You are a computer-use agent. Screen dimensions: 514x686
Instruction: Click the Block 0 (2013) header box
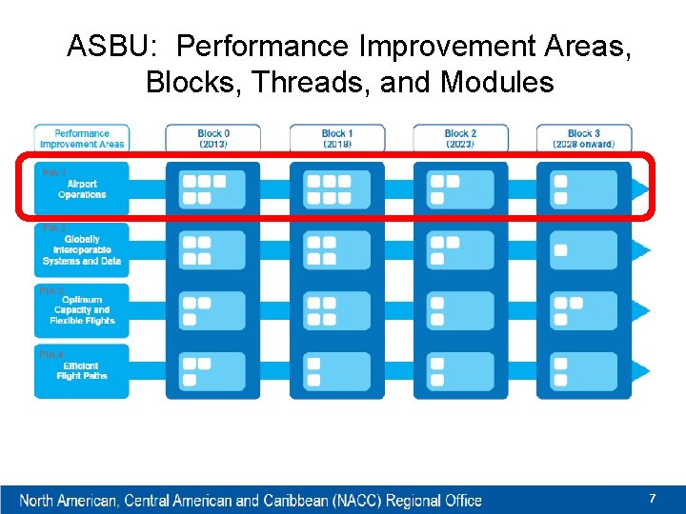click(213, 138)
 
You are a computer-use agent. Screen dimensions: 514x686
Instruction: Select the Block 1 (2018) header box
click(337, 138)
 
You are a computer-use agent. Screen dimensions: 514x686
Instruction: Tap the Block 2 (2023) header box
click(460, 138)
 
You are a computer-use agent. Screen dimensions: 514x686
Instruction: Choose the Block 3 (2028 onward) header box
click(583, 138)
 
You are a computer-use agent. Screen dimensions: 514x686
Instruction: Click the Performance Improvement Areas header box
click(82, 138)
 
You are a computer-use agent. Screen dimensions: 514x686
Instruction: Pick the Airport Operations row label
click(82, 188)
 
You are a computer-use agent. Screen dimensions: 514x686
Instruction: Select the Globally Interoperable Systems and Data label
click(82, 249)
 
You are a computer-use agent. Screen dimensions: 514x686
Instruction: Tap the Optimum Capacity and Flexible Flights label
click(82, 309)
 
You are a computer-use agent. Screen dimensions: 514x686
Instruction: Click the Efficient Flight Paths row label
click(82, 370)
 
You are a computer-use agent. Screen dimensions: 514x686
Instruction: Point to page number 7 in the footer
click(653, 499)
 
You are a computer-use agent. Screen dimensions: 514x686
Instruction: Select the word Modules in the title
click(496, 82)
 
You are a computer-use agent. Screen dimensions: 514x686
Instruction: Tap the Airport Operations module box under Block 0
click(212, 189)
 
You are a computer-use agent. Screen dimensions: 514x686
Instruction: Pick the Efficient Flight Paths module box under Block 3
click(583, 371)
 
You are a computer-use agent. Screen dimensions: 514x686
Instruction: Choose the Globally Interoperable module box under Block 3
click(583, 250)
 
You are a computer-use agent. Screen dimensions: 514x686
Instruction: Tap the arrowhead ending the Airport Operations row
click(641, 189)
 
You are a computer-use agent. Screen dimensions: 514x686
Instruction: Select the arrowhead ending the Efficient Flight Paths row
click(641, 371)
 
